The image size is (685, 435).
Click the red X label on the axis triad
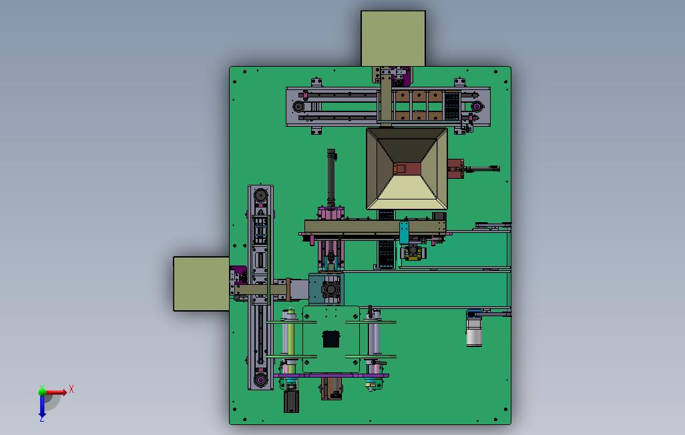(71, 389)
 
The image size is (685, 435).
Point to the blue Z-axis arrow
(42, 406)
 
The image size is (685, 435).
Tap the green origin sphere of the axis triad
(42, 392)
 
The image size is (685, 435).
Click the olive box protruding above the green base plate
(393, 39)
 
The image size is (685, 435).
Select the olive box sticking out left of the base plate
(202, 284)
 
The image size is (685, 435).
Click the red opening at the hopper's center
(407, 168)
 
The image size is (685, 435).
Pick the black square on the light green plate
(331, 340)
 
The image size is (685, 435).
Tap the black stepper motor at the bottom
(291, 401)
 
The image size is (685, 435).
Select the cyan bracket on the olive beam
(404, 232)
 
